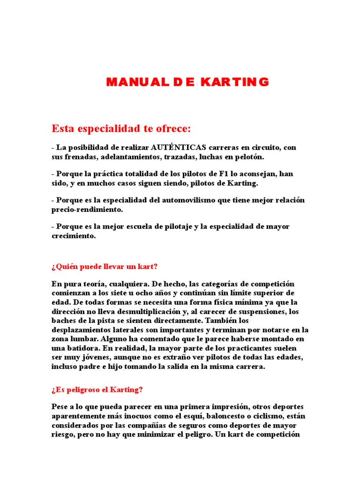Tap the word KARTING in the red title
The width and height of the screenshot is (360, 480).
click(x=235, y=82)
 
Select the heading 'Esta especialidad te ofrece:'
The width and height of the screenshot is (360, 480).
click(x=121, y=128)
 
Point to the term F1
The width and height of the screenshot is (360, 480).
click(x=210, y=174)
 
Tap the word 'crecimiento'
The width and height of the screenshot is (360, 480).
click(x=73, y=236)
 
